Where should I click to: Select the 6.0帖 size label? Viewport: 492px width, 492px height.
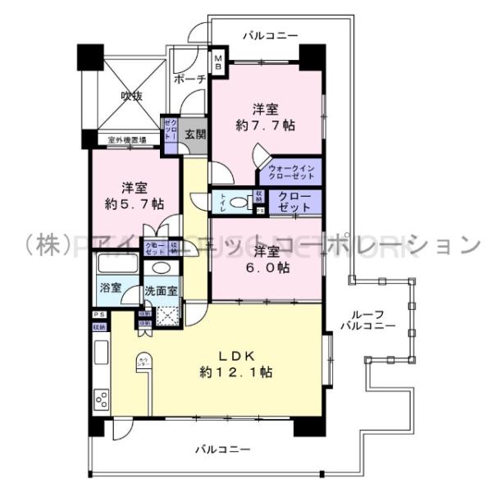tap(270, 267)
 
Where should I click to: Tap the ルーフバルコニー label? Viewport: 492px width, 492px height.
tap(368, 320)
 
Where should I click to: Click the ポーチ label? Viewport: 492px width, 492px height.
tap(189, 80)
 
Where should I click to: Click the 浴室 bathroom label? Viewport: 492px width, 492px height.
tap(111, 288)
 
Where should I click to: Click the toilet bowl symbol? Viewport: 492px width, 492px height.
tap(238, 202)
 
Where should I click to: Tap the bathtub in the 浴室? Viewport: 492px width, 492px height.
tap(117, 266)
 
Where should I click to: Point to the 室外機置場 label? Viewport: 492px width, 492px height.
tap(127, 140)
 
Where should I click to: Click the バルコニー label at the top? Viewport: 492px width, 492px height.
tap(271, 34)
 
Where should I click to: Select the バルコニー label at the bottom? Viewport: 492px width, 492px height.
tap(223, 449)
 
